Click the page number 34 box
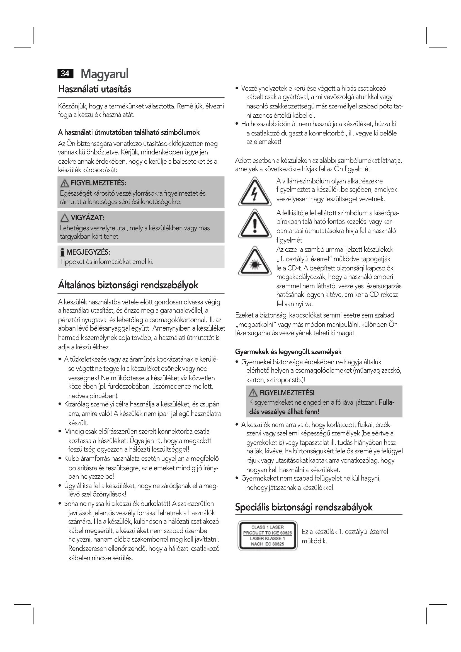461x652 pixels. click(65, 74)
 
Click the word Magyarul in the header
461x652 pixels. click(105, 74)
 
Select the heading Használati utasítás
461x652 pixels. click(94, 89)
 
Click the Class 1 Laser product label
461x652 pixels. click(267, 535)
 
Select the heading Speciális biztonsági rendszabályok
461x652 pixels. click(304, 507)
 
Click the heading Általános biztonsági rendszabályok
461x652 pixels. click(128, 285)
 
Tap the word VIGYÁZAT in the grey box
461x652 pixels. click(88, 218)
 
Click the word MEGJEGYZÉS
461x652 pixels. click(88, 252)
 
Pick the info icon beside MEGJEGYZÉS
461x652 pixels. click(62, 253)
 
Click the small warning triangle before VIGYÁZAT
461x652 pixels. click(64, 218)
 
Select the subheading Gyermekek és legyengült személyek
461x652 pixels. click(288, 352)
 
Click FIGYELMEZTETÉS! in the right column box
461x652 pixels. click(287, 393)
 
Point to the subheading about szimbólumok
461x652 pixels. click(128, 132)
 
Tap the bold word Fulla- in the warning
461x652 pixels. click(387, 403)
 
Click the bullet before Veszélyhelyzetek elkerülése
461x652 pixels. click(237, 89)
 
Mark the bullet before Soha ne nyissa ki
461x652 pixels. click(60, 504)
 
